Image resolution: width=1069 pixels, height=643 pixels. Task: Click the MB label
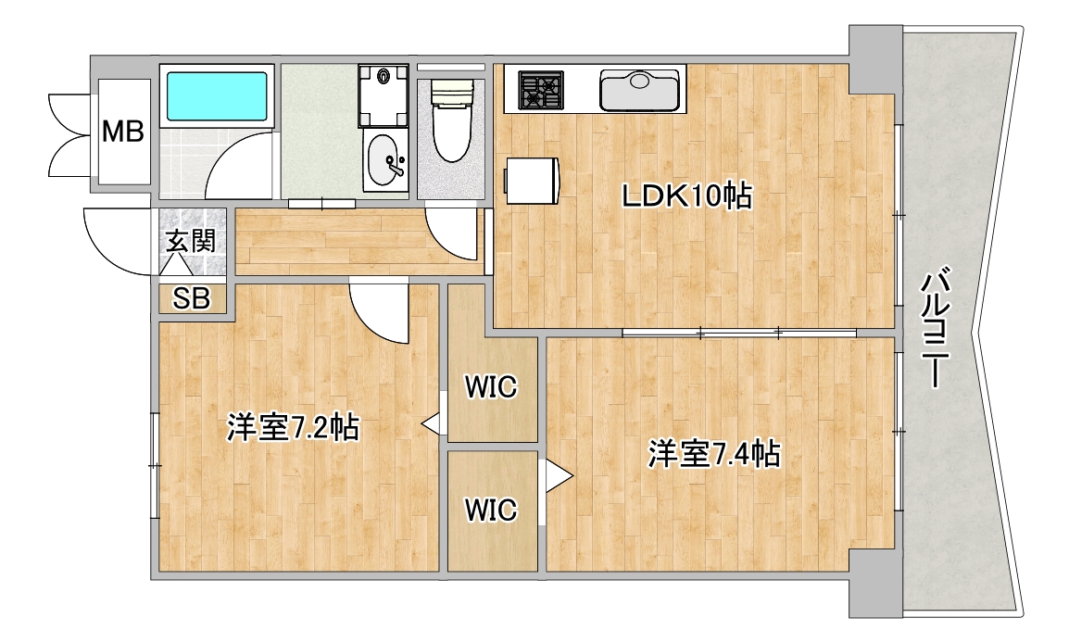click(122, 132)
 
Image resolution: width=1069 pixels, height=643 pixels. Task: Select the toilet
click(453, 125)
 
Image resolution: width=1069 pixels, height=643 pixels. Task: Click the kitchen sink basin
click(642, 91)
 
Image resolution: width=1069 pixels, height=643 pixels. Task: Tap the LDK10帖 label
click(685, 196)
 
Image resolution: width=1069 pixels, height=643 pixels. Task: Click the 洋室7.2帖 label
click(293, 428)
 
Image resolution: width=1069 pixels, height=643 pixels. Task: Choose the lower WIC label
click(490, 509)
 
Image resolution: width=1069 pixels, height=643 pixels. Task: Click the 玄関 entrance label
click(192, 243)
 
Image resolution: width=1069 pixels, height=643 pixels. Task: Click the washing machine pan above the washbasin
click(385, 96)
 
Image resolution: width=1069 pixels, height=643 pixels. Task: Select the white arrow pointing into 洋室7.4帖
click(557, 476)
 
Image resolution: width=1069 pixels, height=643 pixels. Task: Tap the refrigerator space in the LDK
click(532, 179)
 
